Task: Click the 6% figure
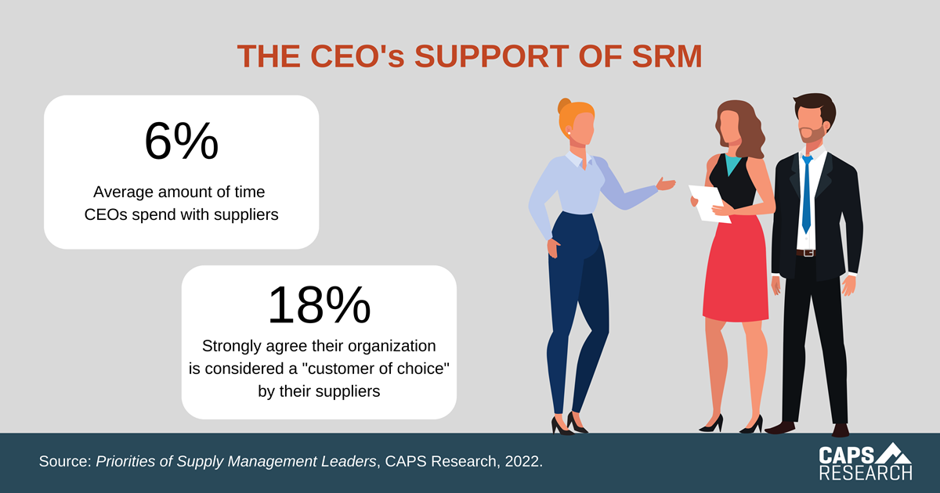point(181,142)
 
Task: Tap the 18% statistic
point(319,305)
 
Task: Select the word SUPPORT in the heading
point(488,56)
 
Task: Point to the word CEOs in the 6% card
point(110,214)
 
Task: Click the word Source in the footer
point(63,462)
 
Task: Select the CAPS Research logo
point(865,462)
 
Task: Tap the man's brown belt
point(805,252)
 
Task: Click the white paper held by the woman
point(709,203)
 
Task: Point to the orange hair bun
point(565,107)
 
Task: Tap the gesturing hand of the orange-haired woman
point(665,185)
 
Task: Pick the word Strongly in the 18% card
point(231,345)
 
